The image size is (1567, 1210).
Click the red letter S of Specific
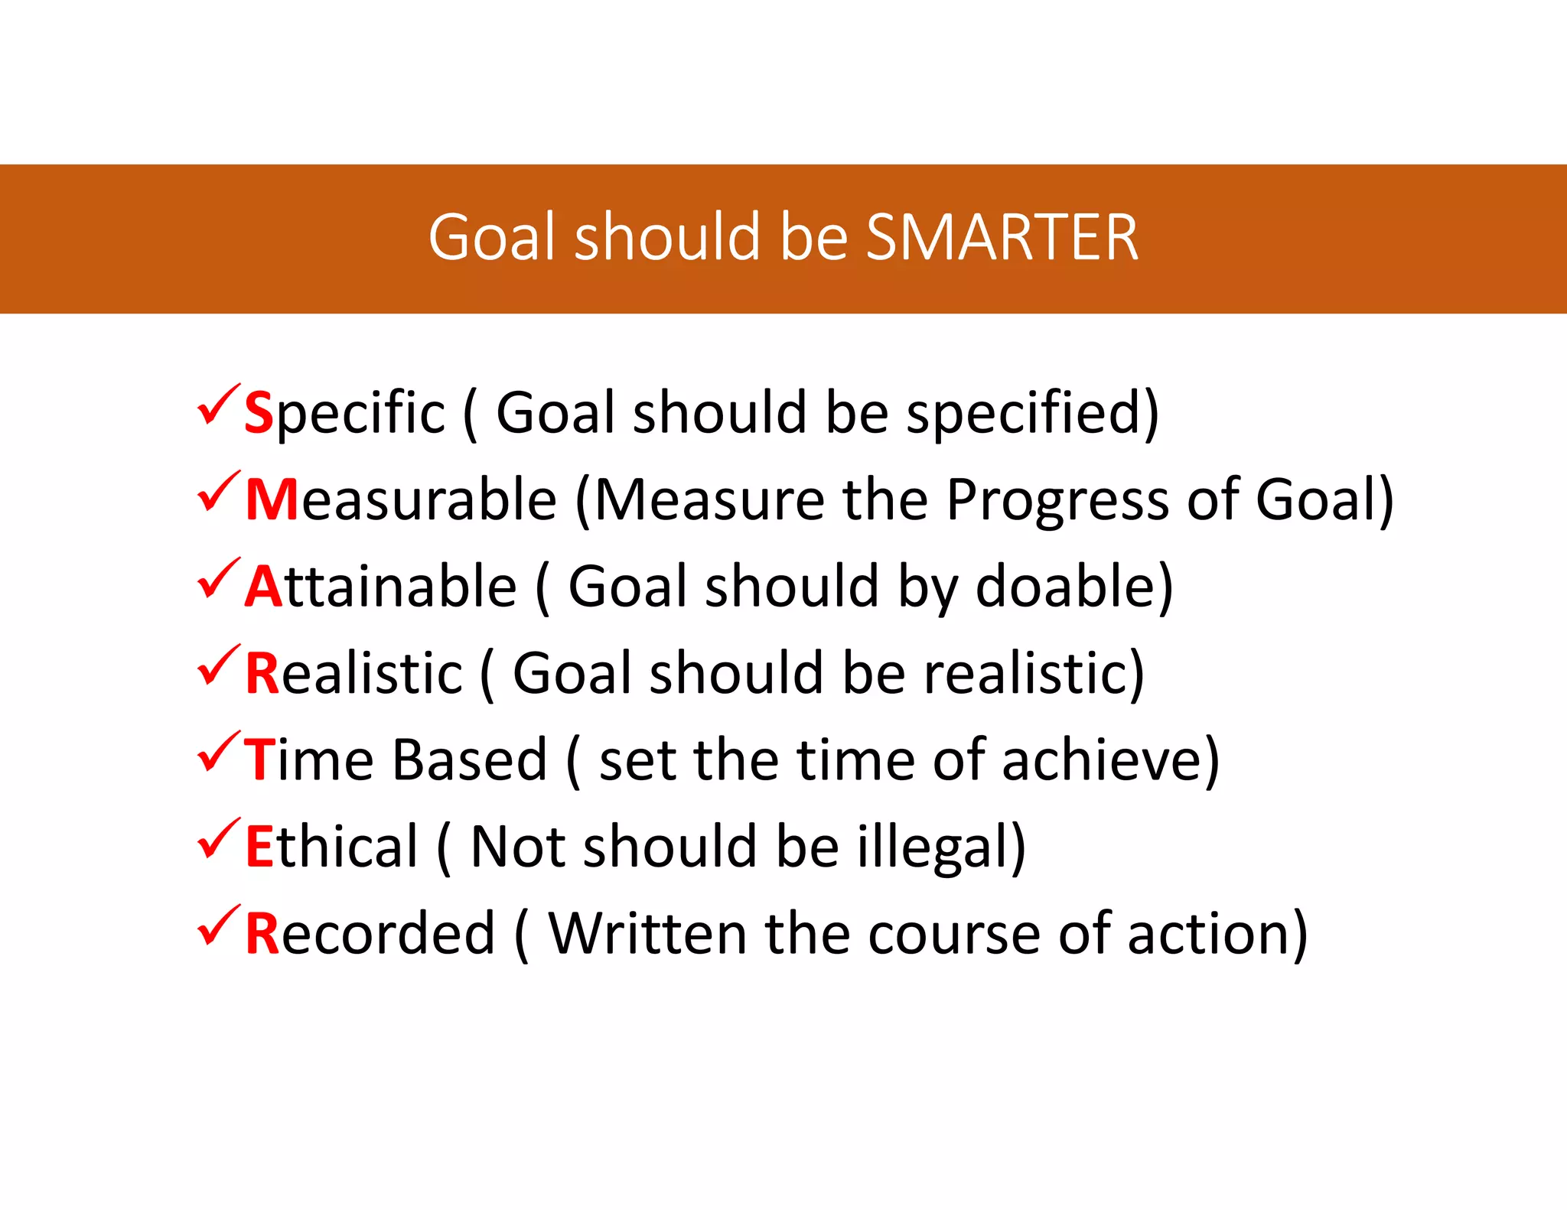tap(259, 413)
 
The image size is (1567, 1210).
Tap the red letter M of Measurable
tap(272, 499)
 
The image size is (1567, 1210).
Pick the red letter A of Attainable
tap(264, 587)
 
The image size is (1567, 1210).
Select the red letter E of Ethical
tap(259, 847)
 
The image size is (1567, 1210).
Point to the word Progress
tap(1057, 501)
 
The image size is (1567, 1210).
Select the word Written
tap(647, 933)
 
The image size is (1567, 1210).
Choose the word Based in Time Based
tap(469, 760)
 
